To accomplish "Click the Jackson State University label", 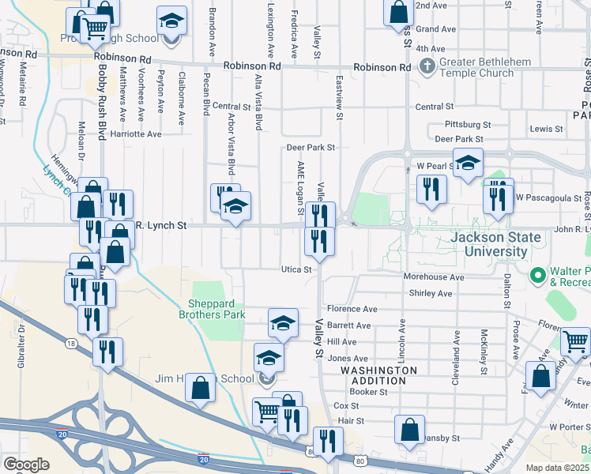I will pos(496,244).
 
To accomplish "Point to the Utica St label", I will pos(298,269).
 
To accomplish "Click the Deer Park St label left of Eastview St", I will pos(311,147).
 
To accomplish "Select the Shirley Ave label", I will pos(430,293).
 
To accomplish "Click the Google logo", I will pos(26,464).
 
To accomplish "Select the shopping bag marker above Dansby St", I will pos(409,431).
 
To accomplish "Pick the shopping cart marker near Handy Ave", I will pos(575,343).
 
